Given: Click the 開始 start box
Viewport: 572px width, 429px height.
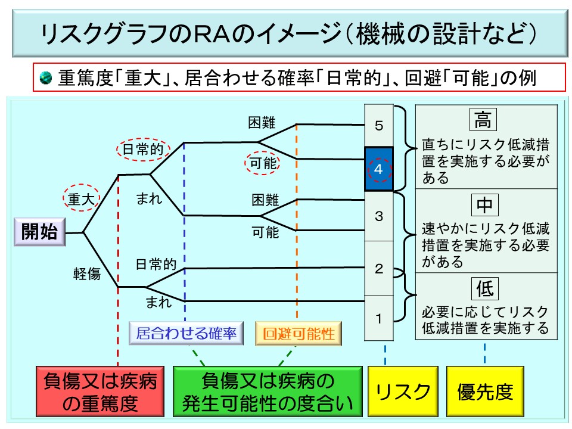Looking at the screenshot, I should point(40,232).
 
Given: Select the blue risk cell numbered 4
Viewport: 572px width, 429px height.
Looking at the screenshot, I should point(379,169).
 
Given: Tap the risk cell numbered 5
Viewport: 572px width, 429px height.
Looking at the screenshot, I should point(379,126).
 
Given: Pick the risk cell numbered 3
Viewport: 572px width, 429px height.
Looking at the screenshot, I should point(379,216).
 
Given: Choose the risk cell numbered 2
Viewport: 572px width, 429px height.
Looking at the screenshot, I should point(379,268).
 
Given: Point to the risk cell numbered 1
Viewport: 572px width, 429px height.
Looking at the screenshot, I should point(379,318).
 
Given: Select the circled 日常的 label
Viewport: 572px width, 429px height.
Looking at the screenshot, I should point(142,150).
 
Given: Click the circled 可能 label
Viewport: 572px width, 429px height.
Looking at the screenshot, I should point(262,163).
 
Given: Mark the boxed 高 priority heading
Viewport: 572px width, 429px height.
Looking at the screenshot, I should point(483,120).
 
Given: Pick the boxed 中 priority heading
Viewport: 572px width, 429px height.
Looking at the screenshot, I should point(483,204).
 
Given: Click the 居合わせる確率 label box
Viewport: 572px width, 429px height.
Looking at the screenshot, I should point(186,334).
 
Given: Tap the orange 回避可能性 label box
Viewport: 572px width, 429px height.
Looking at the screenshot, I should point(299,334).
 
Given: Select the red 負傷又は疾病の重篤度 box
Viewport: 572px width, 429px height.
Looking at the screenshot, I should point(101,391).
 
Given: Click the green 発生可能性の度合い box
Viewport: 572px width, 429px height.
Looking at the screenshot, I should point(268,391).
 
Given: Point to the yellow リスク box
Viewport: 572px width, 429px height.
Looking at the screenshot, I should point(402,391).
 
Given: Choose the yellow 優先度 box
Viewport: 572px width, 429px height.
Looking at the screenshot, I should point(485,391).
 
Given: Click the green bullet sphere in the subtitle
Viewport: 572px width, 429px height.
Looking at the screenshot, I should point(46,77).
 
